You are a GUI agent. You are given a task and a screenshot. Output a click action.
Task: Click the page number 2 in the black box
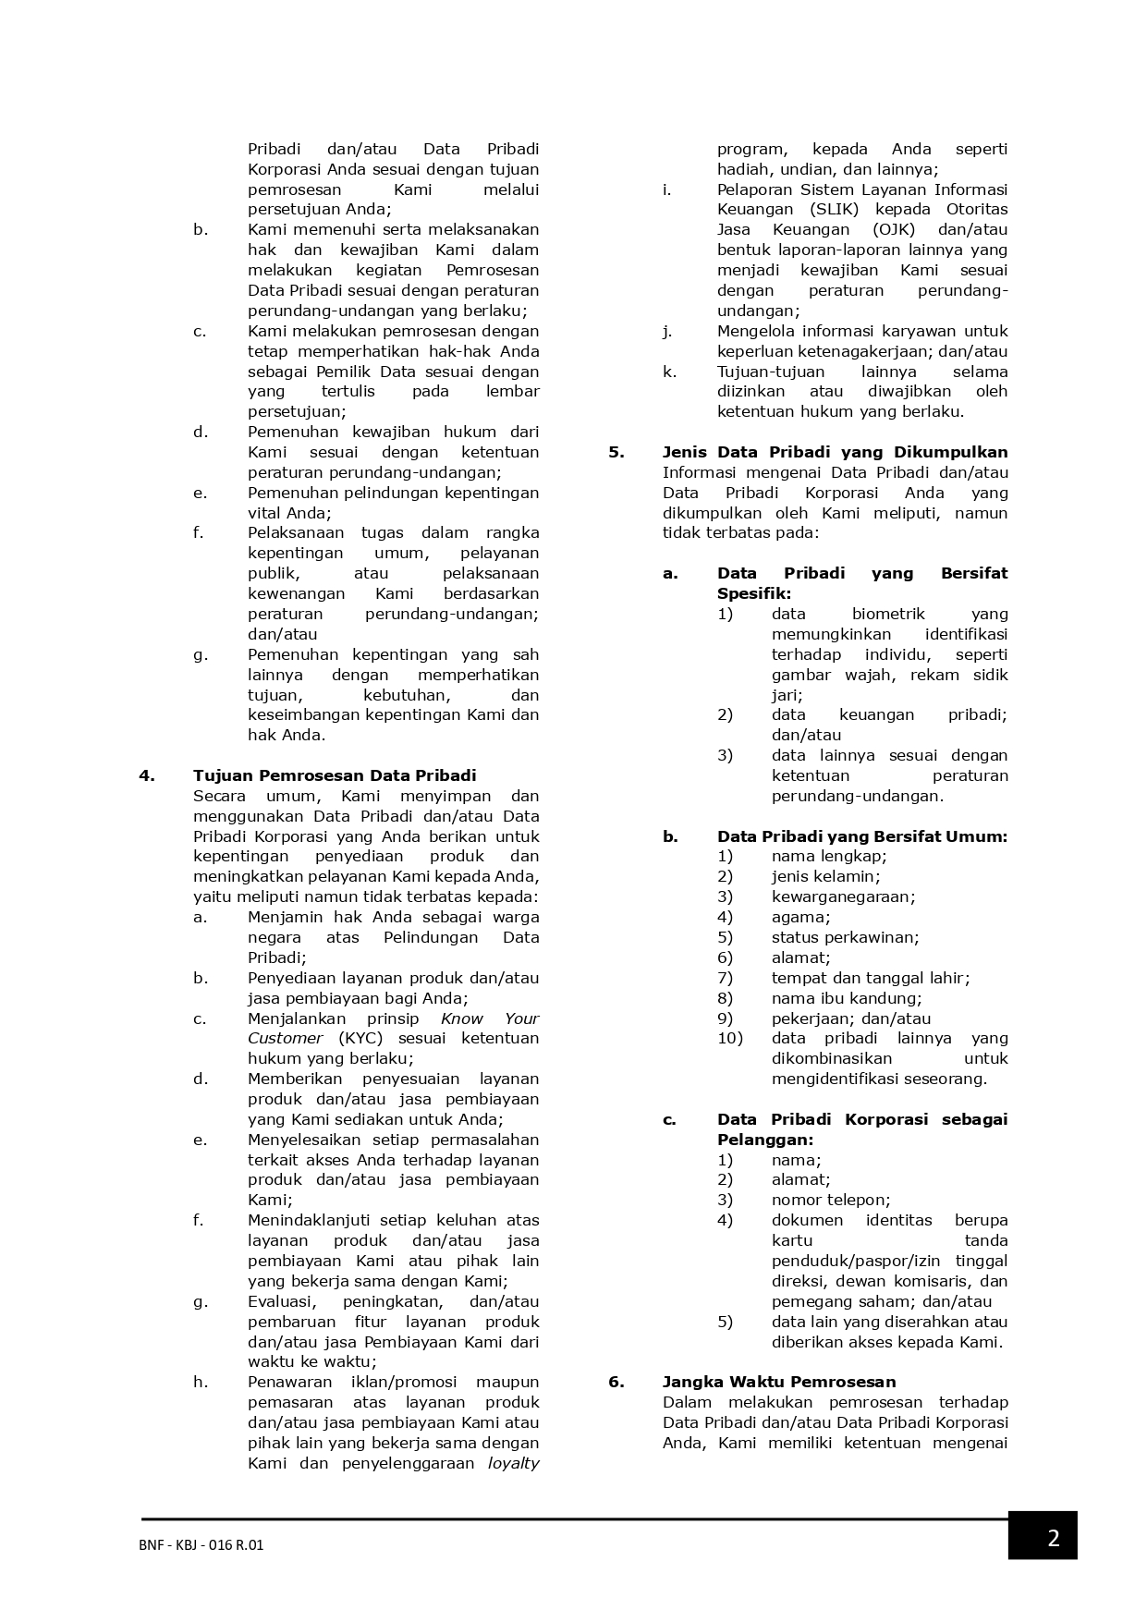pyautogui.click(x=1053, y=1539)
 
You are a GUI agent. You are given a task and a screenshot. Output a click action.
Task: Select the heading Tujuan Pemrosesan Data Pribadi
pyautogui.click(x=335, y=775)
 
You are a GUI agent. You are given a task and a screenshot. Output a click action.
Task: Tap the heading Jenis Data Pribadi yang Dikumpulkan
pyautogui.click(x=835, y=452)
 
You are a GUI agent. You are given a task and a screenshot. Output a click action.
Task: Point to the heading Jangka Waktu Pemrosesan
pyautogui.click(x=779, y=1382)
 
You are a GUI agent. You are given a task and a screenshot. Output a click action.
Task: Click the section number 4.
pyautogui.click(x=147, y=775)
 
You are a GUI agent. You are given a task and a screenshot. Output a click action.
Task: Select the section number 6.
pyautogui.click(x=616, y=1382)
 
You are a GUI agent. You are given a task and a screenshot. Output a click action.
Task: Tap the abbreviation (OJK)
pyautogui.click(x=894, y=230)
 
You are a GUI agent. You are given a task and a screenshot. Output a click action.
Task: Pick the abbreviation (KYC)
pyautogui.click(x=360, y=1038)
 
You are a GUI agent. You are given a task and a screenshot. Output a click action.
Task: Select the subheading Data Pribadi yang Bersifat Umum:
pyautogui.click(x=862, y=836)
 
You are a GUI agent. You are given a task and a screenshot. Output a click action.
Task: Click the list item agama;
pyautogui.click(x=801, y=917)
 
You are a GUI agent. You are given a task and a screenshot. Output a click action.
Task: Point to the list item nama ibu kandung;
pyautogui.click(x=847, y=998)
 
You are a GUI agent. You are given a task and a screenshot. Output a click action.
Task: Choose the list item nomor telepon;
pyautogui.click(x=831, y=1200)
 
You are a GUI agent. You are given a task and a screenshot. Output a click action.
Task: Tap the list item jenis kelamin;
pyautogui.click(x=825, y=876)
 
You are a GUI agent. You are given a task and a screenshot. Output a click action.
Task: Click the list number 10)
pyautogui.click(x=729, y=1038)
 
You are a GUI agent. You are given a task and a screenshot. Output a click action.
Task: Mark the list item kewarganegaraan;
pyautogui.click(x=843, y=896)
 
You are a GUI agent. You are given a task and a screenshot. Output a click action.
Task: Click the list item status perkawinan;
pyautogui.click(x=846, y=937)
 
